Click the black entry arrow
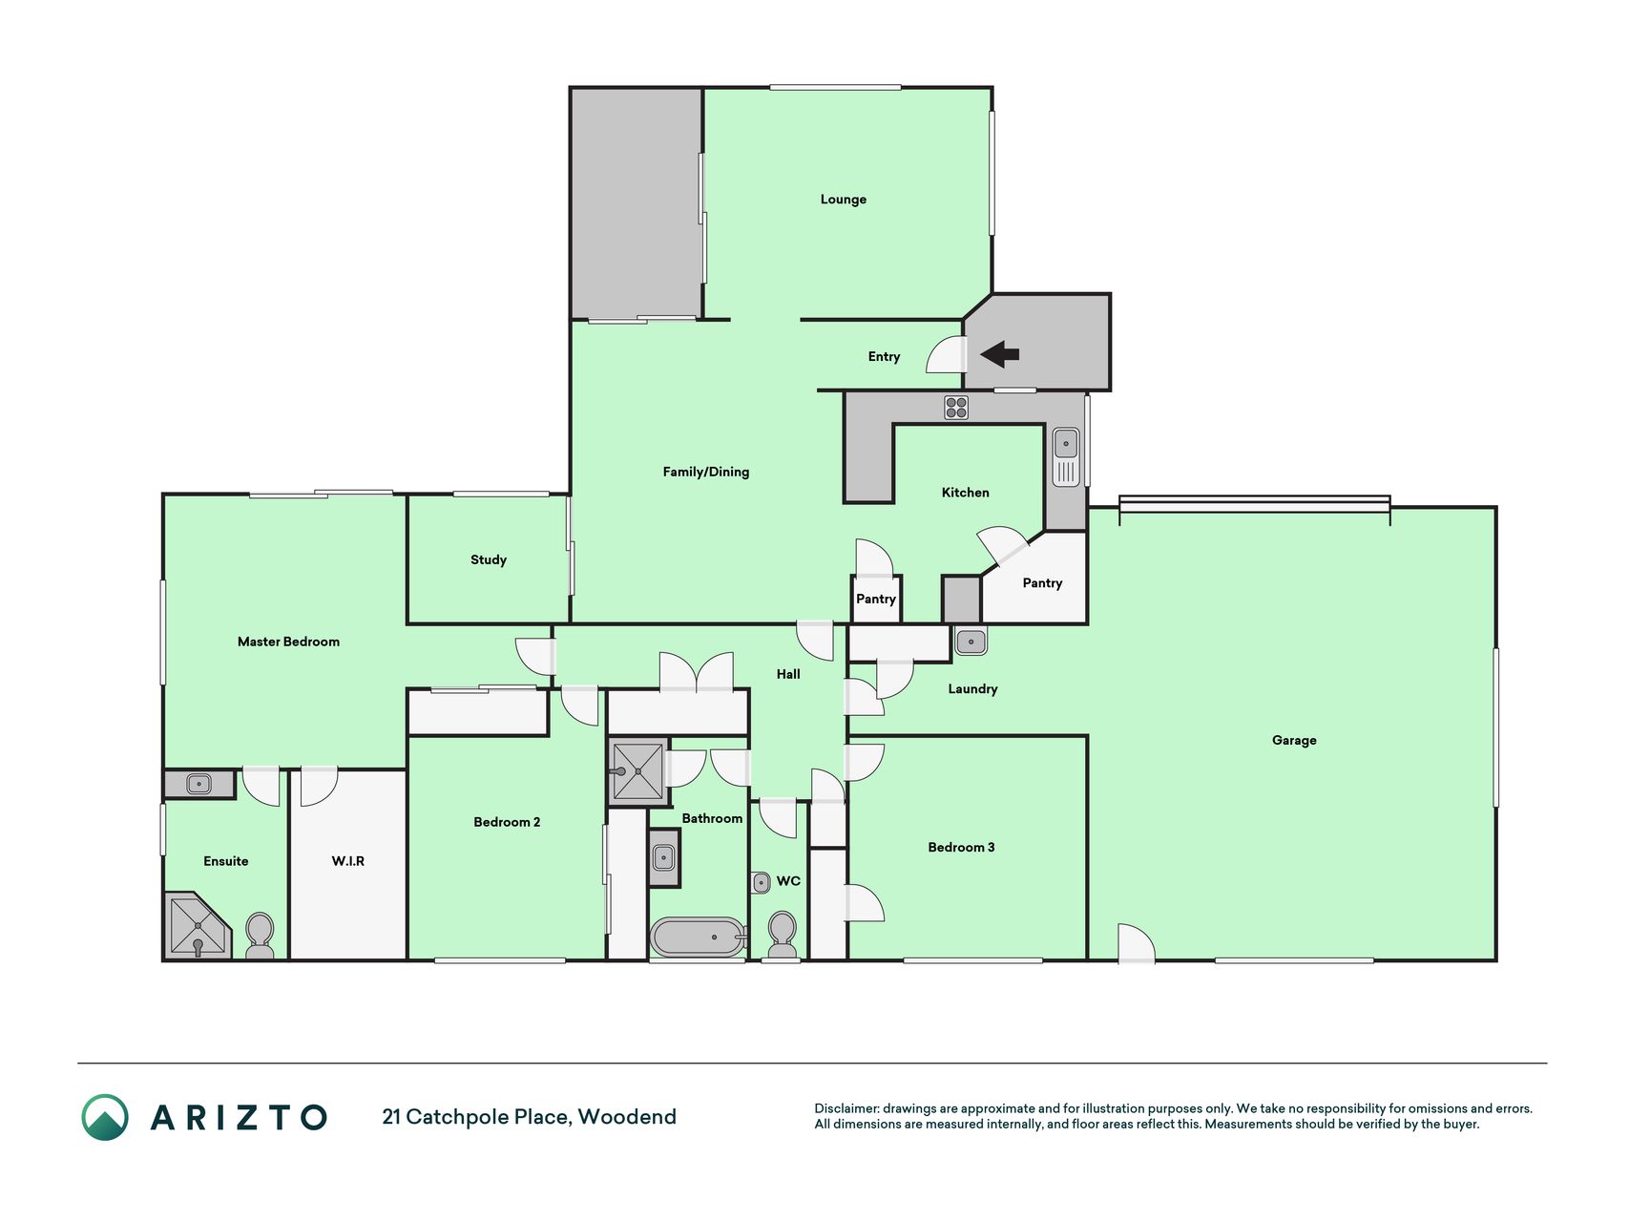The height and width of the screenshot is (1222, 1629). coord(999,354)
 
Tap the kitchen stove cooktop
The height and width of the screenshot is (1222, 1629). coord(956,408)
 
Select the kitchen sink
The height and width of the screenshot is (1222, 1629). coord(1066,456)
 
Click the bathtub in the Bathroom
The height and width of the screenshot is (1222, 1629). coord(698,938)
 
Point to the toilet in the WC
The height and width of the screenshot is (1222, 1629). coord(782,933)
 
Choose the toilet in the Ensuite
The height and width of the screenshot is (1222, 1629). coord(260,936)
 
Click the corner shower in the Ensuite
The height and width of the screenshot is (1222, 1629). coord(198,925)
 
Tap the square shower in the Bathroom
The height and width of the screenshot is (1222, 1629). coord(637,771)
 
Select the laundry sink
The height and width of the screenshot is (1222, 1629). coord(971,641)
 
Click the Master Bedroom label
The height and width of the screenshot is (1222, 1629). coord(288,642)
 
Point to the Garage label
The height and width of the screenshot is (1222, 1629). coord(1294,740)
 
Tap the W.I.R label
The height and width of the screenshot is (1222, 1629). coord(348,861)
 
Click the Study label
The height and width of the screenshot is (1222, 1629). coord(489,559)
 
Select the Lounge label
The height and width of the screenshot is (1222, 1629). coord(844,200)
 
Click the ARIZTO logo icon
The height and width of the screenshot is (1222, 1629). coord(105,1117)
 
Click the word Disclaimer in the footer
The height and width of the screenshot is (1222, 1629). coord(846,1108)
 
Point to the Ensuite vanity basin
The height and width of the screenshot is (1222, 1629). coord(198,784)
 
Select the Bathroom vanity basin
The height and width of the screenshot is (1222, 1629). coord(664,857)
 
